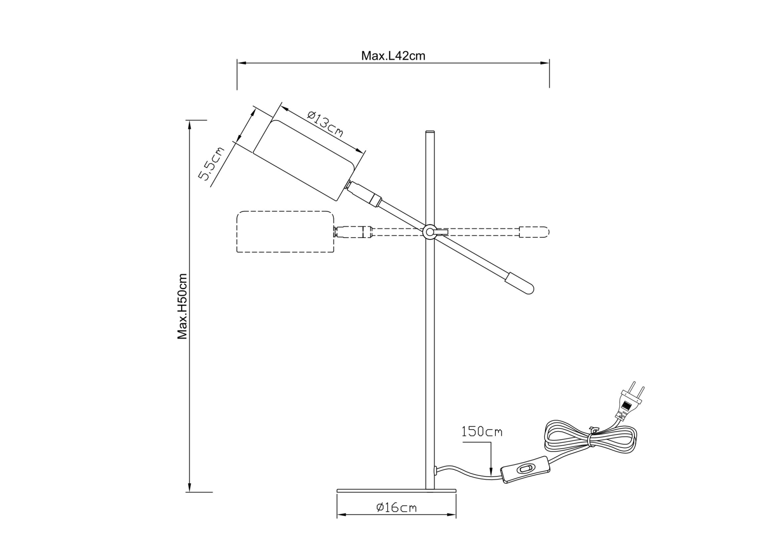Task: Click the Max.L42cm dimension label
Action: tap(393, 56)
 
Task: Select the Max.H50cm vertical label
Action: tap(182, 307)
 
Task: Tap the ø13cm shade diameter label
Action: tap(325, 124)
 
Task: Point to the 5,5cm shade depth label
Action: tap(212, 163)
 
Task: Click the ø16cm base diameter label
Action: tap(396, 507)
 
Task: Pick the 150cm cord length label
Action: tap(482, 431)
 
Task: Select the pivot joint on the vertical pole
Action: tap(429, 232)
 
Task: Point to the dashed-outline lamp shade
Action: tap(285, 232)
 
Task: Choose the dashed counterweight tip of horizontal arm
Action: tap(534, 232)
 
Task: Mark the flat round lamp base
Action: tap(396, 491)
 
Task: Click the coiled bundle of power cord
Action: tap(590, 437)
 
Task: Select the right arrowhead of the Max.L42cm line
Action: tap(545, 63)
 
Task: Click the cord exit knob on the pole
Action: tap(436, 470)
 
